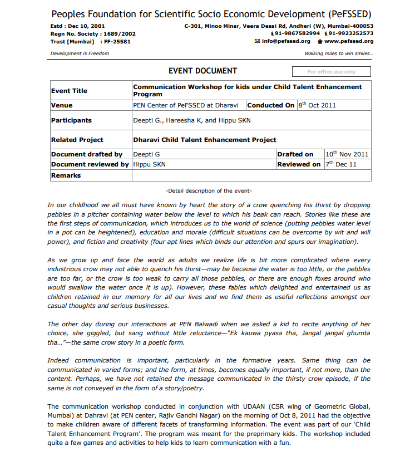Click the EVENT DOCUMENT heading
pos(202,71)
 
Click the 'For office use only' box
pos(331,72)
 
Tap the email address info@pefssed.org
pos(285,41)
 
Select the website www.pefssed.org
pos(348,41)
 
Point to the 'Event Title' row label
pos(69,91)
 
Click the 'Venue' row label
pos(62,105)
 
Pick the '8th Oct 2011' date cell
pos(317,105)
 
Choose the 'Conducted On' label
pos(271,105)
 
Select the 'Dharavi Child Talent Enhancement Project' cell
pos(205,140)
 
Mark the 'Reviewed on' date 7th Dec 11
pos(341,164)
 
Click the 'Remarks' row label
pos(66,175)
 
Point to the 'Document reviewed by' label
pos(90,164)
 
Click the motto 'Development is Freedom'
pos(80,53)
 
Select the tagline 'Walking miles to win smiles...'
pos(339,53)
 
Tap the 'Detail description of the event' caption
pos(209,190)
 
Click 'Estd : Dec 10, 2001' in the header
pos(77,26)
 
